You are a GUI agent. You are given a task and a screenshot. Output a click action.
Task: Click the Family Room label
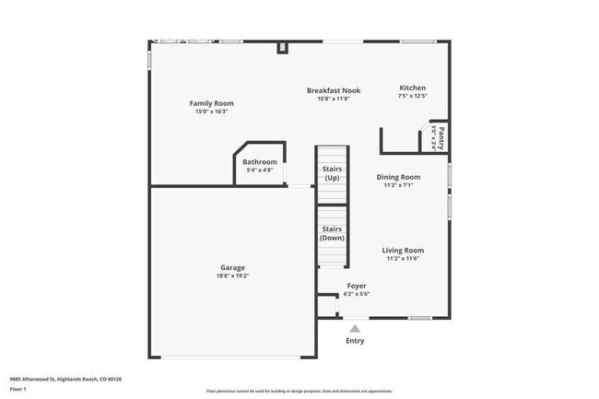pos(211,103)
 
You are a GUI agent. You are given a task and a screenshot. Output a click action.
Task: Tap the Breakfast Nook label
pos(333,90)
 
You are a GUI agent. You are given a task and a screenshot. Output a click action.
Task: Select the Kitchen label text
pos(412,88)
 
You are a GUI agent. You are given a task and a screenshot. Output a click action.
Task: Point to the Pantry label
pos(440,138)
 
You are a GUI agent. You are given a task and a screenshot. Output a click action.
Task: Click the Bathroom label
pos(259,162)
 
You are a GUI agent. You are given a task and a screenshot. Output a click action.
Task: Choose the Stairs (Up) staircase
pos(332,175)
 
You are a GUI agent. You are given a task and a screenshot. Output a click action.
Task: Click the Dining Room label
pos(399,177)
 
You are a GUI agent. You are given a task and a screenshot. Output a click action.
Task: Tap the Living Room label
pos(404,250)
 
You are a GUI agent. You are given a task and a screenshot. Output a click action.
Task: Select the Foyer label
pos(357,286)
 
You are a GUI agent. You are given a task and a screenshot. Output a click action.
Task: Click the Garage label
pos(232,267)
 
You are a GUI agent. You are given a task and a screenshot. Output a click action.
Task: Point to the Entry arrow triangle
pos(355,327)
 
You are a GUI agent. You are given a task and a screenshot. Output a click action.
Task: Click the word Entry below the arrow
pos(355,341)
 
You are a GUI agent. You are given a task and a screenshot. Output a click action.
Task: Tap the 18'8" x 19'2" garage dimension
pos(232,276)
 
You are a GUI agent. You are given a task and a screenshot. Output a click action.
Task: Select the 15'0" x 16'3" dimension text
pos(211,111)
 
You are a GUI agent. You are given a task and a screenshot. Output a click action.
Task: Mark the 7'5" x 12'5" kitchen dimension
pos(412,96)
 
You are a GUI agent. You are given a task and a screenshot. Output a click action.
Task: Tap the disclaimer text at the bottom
pos(299,392)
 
